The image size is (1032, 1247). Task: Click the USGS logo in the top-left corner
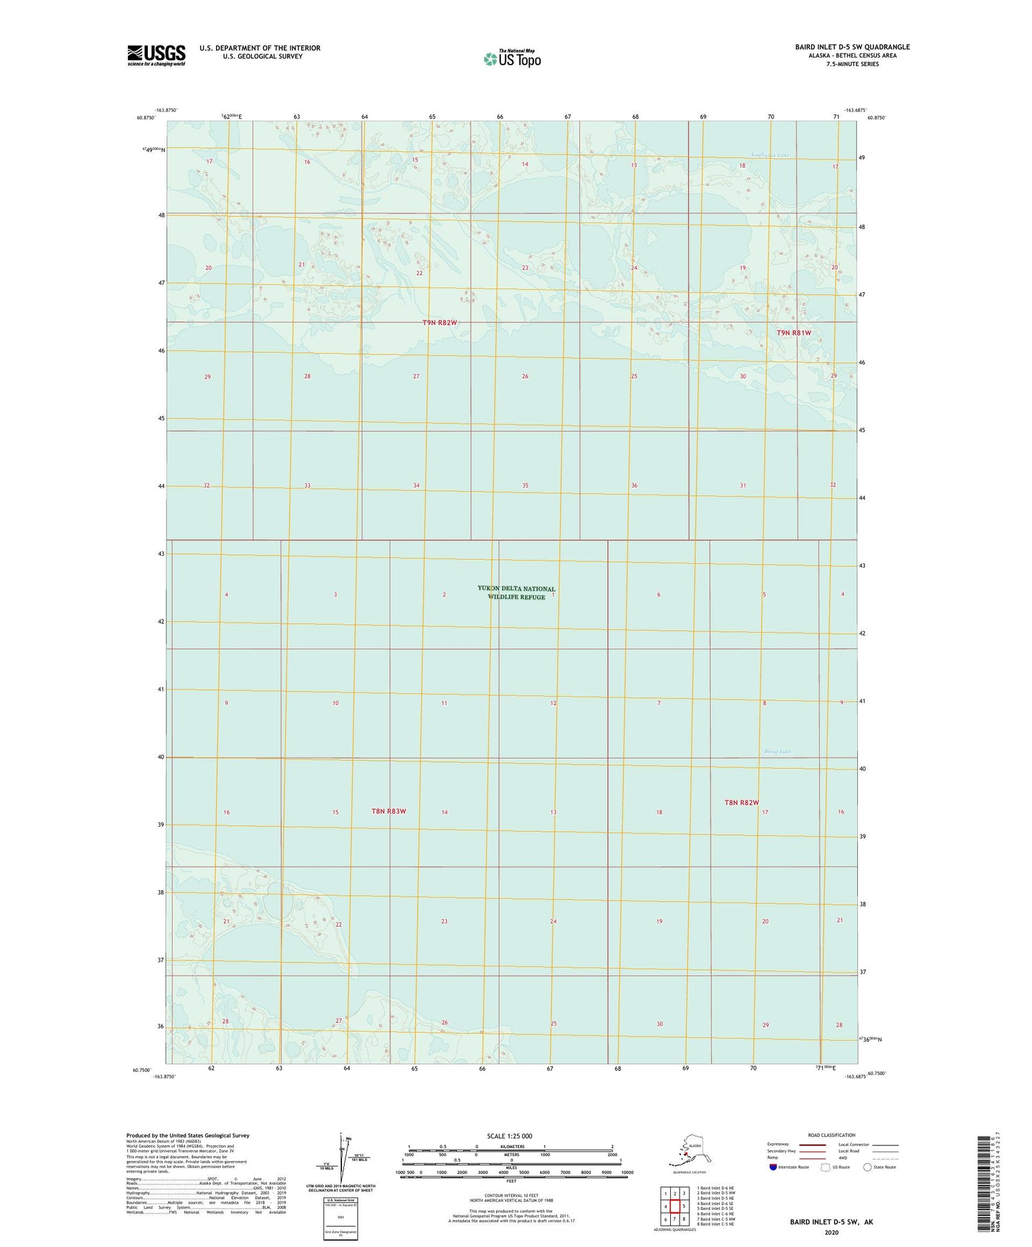click(156, 55)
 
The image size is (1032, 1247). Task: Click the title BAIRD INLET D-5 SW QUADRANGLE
click(852, 47)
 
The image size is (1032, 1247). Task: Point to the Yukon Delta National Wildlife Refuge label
click(516, 593)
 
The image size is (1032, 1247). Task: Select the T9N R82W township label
click(440, 323)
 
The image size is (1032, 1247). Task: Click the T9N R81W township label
click(794, 333)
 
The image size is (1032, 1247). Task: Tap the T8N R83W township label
click(389, 811)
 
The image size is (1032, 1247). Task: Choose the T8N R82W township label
click(741, 803)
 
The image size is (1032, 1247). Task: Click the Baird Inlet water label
click(777, 752)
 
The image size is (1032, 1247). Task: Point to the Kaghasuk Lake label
click(771, 155)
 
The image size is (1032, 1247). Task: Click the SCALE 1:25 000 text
click(509, 1136)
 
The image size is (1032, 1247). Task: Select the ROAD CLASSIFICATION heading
click(831, 1135)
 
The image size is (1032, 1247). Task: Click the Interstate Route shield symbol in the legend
click(773, 1167)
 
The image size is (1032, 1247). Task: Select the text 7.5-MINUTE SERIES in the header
click(852, 64)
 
